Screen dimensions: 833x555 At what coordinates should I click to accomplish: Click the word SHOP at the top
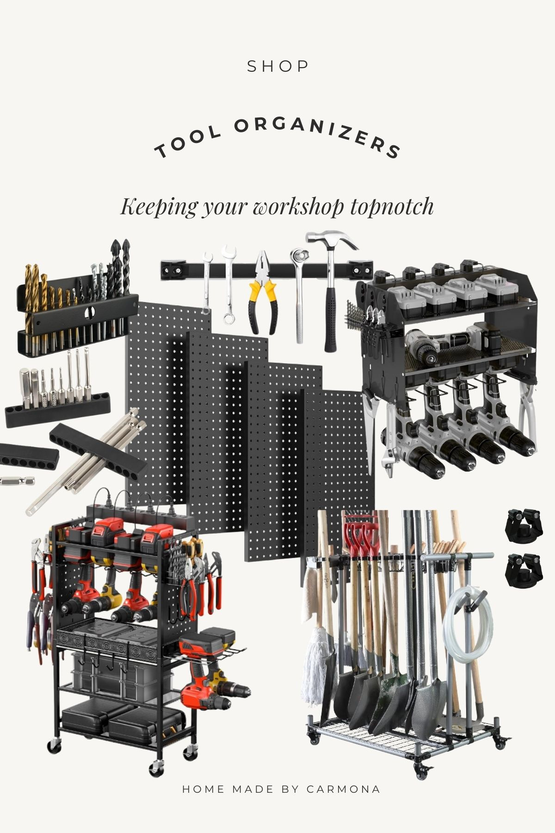coord(277,67)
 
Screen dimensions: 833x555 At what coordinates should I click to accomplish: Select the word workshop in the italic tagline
coord(299,206)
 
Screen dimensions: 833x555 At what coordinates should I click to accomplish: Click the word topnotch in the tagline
coord(392,206)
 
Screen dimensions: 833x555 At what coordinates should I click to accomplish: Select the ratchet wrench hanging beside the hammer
coord(298,292)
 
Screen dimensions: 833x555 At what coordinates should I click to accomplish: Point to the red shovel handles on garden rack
coord(358,532)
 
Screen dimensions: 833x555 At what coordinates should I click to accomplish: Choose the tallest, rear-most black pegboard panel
coord(157,393)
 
